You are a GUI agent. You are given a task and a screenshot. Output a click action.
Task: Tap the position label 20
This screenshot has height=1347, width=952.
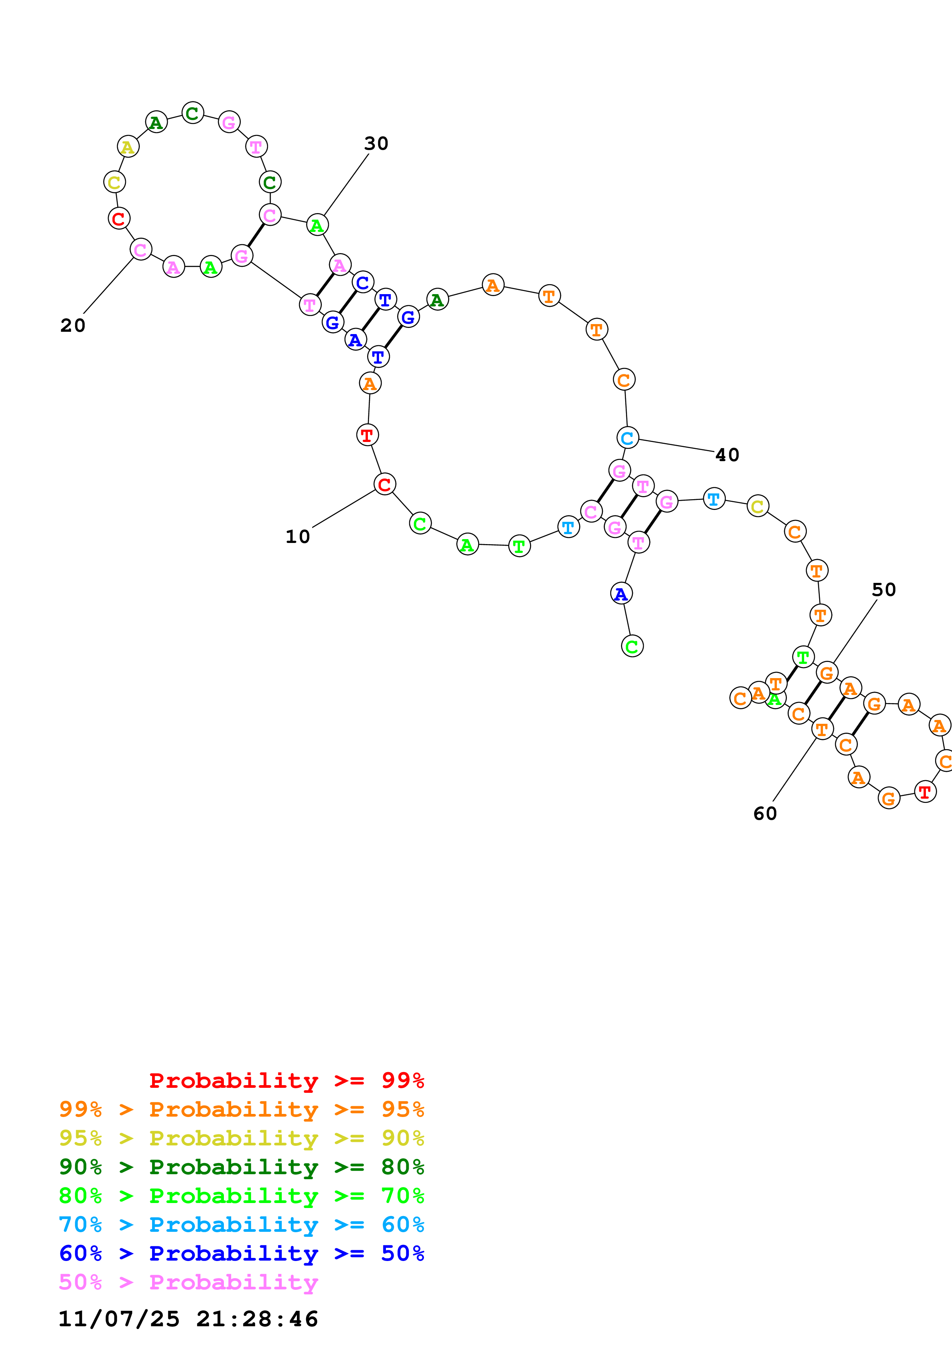click(73, 326)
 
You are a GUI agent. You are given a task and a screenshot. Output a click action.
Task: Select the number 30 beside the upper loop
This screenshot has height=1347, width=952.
click(376, 144)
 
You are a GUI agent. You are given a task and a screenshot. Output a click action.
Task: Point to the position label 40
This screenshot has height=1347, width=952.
click(727, 455)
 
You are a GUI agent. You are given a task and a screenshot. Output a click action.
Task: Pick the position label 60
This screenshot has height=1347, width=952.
click(765, 813)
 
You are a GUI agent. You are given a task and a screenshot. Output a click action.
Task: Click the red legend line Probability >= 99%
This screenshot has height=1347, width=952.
click(286, 1081)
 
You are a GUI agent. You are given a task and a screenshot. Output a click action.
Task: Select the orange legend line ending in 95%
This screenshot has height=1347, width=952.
click(242, 1109)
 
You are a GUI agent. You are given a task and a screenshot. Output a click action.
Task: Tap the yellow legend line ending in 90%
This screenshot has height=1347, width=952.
click(242, 1138)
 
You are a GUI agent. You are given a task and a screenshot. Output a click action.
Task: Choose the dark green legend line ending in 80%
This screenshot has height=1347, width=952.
click(242, 1167)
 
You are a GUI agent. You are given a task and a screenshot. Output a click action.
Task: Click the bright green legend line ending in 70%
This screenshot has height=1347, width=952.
click(242, 1196)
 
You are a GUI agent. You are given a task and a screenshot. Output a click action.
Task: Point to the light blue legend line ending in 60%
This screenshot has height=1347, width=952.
click(242, 1225)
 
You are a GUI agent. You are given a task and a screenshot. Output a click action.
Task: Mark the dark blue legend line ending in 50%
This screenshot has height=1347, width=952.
click(242, 1253)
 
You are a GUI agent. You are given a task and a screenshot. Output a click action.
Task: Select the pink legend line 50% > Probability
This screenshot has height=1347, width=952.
click(188, 1282)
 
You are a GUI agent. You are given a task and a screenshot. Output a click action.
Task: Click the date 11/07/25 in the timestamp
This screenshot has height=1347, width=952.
click(119, 1319)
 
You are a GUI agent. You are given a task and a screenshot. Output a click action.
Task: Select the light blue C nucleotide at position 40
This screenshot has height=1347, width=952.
click(627, 438)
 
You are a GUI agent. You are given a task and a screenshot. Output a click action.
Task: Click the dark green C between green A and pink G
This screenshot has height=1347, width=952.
click(192, 113)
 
